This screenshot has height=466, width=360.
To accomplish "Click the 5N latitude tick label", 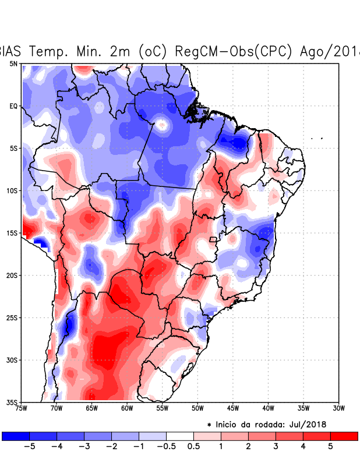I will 13,63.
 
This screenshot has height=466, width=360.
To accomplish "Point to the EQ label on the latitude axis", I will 13,106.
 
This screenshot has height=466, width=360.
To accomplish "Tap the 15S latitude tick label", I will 12,233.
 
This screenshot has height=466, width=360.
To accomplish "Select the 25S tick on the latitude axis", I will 12,317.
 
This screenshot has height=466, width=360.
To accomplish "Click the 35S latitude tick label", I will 12,402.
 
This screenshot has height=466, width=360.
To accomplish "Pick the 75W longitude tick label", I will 22,408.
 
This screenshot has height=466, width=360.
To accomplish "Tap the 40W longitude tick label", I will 268,408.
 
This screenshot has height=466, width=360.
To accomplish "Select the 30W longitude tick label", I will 338,408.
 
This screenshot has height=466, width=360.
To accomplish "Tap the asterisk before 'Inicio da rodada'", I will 209,424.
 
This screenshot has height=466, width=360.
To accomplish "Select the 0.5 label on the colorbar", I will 194,447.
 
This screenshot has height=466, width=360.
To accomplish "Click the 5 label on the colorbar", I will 330,447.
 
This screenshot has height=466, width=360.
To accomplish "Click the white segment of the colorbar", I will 180,436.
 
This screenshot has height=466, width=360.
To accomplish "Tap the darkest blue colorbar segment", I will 15,436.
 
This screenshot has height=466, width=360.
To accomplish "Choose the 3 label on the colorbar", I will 276,447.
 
